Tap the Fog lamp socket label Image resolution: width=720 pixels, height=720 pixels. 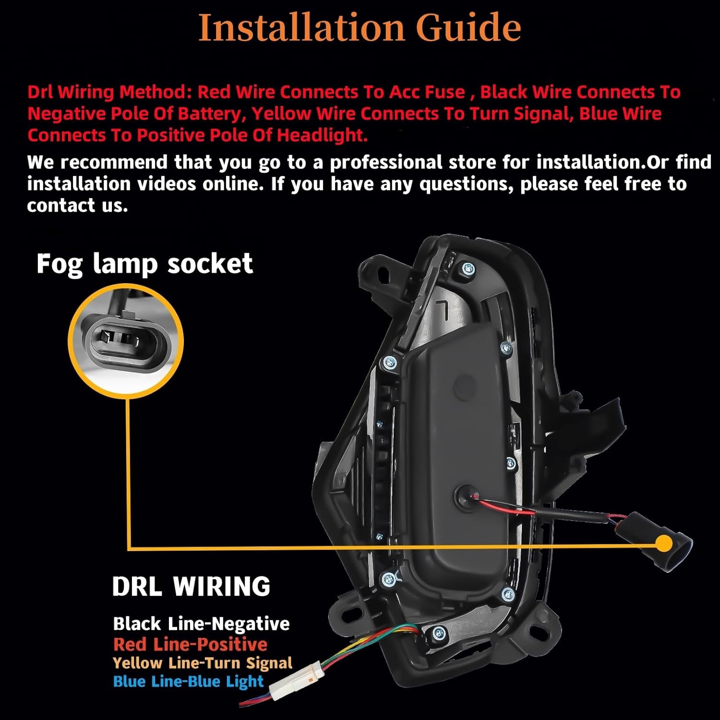pos(144,264)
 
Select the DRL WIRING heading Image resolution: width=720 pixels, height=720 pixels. pos(191,586)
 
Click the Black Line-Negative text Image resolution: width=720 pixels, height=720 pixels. pos(201,624)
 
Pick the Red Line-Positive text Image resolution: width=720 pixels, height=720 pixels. pos(190,644)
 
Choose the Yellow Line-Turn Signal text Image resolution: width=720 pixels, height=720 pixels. pos(203,663)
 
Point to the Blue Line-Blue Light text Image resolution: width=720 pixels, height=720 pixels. pos(188,681)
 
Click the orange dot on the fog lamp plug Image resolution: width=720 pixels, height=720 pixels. pos(664,544)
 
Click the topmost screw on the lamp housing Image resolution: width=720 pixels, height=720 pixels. pos(467,270)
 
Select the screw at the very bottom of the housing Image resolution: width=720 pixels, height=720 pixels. pos(438,635)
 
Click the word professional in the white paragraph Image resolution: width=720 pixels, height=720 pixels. pos(386,163)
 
